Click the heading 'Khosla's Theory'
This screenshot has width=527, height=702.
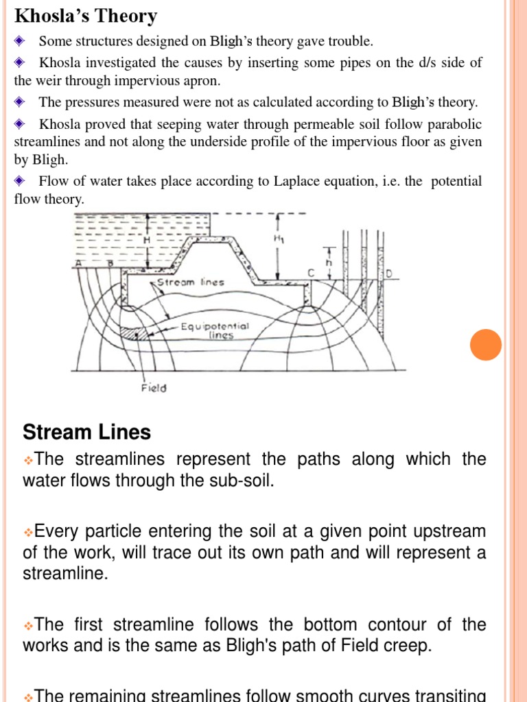[x=86, y=15]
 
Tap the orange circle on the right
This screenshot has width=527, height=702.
[x=487, y=344]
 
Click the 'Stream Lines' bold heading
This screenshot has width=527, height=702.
[x=86, y=432]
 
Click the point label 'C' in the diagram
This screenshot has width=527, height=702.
[x=311, y=273]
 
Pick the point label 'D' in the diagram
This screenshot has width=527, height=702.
[x=388, y=274]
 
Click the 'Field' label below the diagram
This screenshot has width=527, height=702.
[x=154, y=388]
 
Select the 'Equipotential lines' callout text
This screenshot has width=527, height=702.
[x=215, y=330]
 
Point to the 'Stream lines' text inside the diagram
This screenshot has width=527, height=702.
[x=191, y=282]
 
